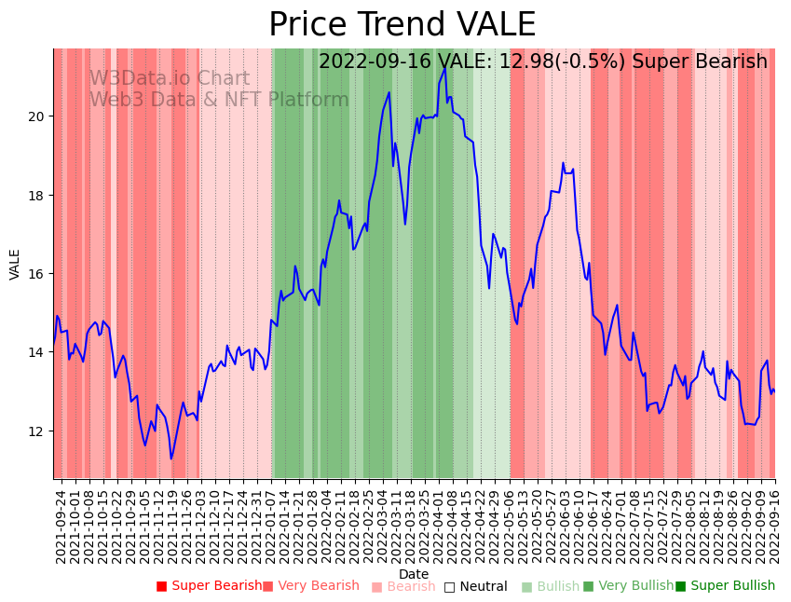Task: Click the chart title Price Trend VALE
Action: (402, 25)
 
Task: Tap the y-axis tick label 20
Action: (38, 116)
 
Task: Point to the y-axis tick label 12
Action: (38, 431)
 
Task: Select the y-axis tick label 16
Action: (38, 274)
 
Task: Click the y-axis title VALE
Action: (15, 264)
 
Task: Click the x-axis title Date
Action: (414, 574)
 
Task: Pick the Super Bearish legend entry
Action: (210, 586)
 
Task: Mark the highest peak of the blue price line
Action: (444, 67)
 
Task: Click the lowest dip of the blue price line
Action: (171, 458)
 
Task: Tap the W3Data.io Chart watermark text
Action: (170, 79)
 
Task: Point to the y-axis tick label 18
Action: (38, 196)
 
